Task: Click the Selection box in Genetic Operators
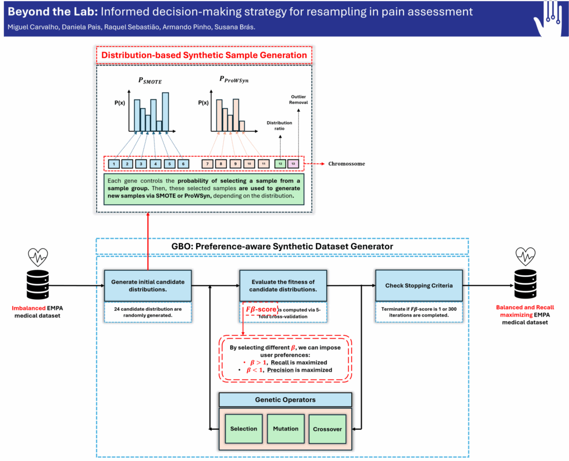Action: pyautogui.click(x=243, y=429)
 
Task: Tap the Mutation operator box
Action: pyautogui.click(x=286, y=429)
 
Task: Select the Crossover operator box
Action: pyautogui.click(x=328, y=429)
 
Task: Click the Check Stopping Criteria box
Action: pyautogui.click(x=418, y=286)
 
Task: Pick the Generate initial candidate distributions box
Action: pyautogui.click(x=148, y=286)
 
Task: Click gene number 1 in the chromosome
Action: pyautogui.click(x=113, y=164)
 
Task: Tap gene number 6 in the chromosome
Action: pyautogui.click(x=183, y=164)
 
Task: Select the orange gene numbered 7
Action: pyautogui.click(x=207, y=164)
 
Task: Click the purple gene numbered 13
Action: pyautogui.click(x=294, y=164)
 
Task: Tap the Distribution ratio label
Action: pyautogui.click(x=279, y=125)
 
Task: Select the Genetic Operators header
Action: pyautogui.click(x=285, y=400)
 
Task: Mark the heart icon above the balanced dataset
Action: pyautogui.click(x=525, y=256)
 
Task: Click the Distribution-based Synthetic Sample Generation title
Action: pyautogui.click(x=204, y=55)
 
